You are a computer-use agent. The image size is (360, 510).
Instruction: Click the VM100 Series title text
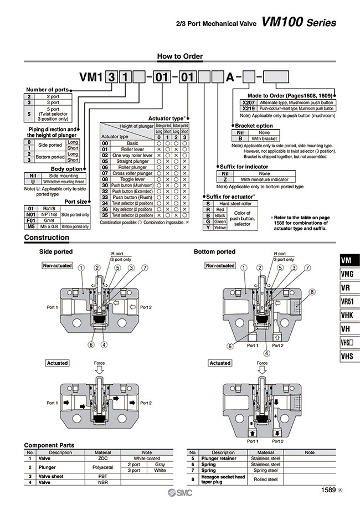click(x=299, y=23)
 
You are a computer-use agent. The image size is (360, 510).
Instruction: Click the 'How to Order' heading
click(x=180, y=56)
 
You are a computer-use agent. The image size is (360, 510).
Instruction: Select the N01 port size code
click(x=31, y=214)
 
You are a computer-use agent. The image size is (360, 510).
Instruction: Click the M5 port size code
click(x=31, y=226)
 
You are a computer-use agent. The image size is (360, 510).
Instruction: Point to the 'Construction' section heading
click(x=47, y=238)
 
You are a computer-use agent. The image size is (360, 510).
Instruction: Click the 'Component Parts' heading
click(x=49, y=445)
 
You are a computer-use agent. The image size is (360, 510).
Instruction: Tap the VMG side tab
click(x=347, y=274)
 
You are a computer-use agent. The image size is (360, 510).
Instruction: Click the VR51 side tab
click(x=347, y=301)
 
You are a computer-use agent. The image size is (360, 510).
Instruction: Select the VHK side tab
click(x=347, y=315)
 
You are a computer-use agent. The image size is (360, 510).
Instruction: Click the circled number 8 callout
click(x=312, y=292)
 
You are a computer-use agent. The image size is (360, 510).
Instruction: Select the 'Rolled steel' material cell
click(x=266, y=480)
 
